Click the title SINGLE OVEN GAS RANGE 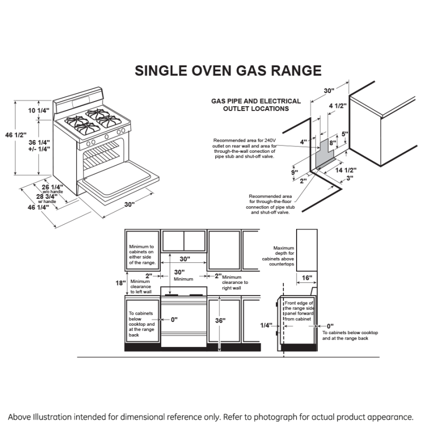(x=228, y=71)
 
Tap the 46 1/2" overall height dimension (x=15, y=135)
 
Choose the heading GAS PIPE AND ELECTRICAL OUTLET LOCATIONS (x=256, y=105)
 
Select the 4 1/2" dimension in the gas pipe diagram (x=337, y=106)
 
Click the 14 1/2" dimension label (x=346, y=170)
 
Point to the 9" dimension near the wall (x=295, y=172)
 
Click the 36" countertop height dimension (x=220, y=320)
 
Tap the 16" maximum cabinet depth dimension (x=307, y=278)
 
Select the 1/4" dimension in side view (x=266, y=325)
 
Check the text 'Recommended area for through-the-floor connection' (x=270, y=204)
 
